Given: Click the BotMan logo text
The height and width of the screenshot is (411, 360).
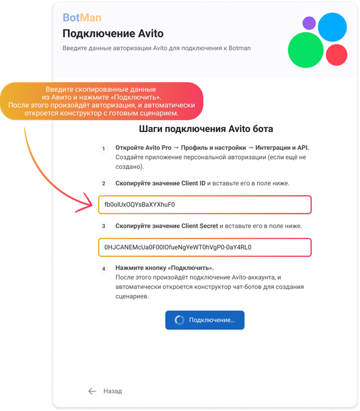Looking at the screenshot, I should tap(82, 17).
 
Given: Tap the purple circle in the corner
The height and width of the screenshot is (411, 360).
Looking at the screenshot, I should tap(309, 23).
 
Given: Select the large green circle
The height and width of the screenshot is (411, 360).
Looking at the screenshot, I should tap(306, 50).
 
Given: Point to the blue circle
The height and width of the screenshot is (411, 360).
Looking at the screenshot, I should tap(332, 27).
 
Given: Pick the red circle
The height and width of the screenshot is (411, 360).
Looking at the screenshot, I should tap(336, 55).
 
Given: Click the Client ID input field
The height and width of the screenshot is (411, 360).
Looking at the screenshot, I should tap(205, 205).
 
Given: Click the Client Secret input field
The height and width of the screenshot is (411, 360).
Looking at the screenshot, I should tap(205, 247).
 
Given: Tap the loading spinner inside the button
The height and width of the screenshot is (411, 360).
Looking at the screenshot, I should tap(179, 320).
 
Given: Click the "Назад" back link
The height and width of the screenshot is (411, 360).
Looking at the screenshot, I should tap(112, 391).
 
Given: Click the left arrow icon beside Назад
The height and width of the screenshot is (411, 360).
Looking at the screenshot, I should tap(92, 391).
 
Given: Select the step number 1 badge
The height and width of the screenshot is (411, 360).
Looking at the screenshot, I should tap(104, 149).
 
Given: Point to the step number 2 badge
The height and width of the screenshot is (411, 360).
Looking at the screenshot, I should tap(104, 183).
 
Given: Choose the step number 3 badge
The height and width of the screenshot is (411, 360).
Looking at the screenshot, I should tap(104, 226).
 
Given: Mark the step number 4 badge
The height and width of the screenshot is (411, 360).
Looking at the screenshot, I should tap(104, 269).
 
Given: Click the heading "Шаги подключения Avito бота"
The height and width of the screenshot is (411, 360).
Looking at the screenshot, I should tap(206, 129).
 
